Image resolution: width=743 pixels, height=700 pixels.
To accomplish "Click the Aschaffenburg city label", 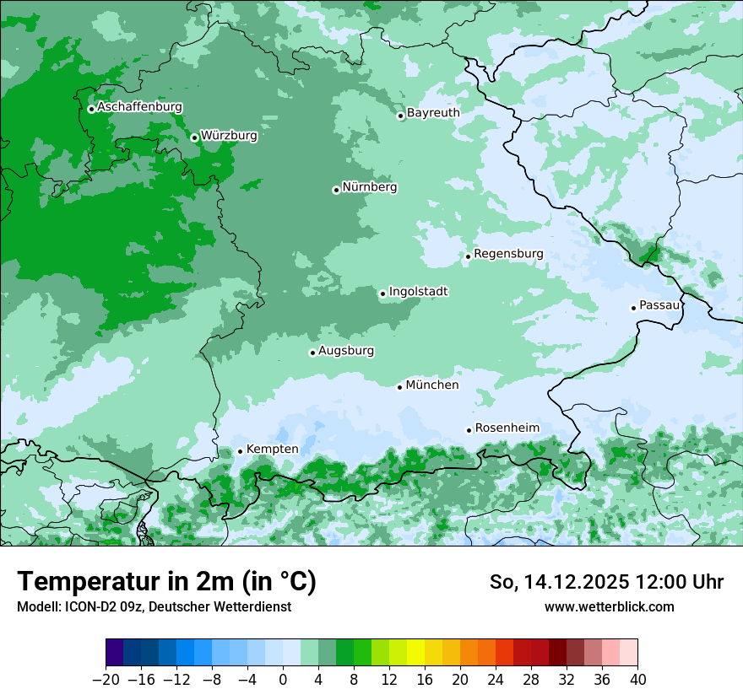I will pyautogui.click(x=139, y=107).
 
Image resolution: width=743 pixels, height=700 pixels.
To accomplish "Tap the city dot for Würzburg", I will pyautogui.click(x=194, y=137).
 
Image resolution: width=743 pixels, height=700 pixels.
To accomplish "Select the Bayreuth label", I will pyautogui.click(x=433, y=112).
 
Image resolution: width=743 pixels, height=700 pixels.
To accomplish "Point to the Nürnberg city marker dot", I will pyautogui.click(x=336, y=190).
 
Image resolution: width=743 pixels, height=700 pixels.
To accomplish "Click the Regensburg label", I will pyautogui.click(x=508, y=253).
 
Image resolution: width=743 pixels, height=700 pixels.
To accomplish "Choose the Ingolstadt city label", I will pyautogui.click(x=418, y=291).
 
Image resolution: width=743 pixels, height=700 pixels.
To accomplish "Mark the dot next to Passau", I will pyautogui.click(x=633, y=308).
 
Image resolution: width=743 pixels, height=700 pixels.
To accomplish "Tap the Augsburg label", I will pyautogui.click(x=346, y=350).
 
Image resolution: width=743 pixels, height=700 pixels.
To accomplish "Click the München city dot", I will pyautogui.click(x=400, y=387).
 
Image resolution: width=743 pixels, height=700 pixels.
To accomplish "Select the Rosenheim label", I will pyautogui.click(x=507, y=428).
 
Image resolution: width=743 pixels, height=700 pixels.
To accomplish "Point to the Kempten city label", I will pyautogui.click(x=272, y=449).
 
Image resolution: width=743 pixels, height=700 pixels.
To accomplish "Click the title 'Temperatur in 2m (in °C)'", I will pyautogui.click(x=166, y=582).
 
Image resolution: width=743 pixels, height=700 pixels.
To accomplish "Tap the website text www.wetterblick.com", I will pyautogui.click(x=609, y=606).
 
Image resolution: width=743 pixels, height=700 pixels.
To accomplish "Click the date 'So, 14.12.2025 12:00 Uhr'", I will pyautogui.click(x=606, y=582).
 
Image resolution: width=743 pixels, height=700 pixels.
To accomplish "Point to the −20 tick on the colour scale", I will pyautogui.click(x=106, y=679).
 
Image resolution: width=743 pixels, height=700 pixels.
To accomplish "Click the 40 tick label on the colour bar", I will pyautogui.click(x=637, y=679).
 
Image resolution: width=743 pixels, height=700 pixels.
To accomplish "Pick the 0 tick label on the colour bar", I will pyautogui.click(x=283, y=679).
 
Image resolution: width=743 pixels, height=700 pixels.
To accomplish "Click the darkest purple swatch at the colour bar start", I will pyautogui.click(x=115, y=653).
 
